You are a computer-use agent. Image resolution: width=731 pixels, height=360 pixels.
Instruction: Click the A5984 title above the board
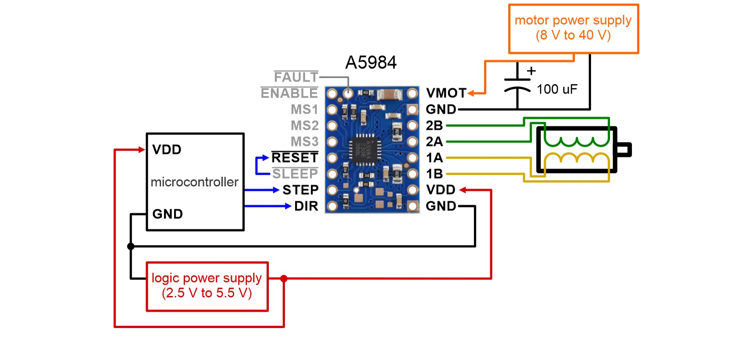click(x=371, y=63)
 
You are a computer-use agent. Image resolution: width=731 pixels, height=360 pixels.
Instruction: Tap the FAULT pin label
click(x=296, y=77)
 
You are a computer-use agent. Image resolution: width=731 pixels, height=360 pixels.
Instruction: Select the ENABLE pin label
click(x=289, y=93)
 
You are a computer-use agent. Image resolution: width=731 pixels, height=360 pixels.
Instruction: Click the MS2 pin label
click(x=304, y=126)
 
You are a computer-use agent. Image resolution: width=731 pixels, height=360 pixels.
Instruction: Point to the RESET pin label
click(x=295, y=158)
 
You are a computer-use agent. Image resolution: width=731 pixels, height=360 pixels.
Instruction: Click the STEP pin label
click(x=300, y=190)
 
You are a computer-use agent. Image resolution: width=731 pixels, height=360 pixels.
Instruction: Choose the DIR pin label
click(x=306, y=206)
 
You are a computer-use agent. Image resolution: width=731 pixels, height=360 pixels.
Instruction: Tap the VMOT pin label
click(x=446, y=93)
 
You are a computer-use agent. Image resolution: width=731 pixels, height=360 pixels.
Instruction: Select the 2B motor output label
click(x=434, y=126)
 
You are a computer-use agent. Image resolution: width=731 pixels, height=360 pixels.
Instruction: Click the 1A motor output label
click(x=434, y=158)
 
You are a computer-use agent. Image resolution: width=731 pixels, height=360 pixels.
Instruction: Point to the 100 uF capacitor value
click(x=557, y=89)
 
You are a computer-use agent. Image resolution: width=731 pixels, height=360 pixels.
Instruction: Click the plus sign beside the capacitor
click(x=531, y=71)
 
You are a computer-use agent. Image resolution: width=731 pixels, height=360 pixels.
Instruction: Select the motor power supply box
click(x=573, y=29)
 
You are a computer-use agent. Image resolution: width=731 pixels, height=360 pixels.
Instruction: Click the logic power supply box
click(x=207, y=286)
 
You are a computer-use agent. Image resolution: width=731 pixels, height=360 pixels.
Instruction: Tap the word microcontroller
click(x=194, y=182)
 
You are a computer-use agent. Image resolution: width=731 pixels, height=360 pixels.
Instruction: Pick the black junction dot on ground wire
click(x=131, y=246)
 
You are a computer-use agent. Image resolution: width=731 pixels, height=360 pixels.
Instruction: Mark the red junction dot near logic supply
click(x=284, y=278)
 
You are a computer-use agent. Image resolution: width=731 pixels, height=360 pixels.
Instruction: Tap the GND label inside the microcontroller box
click(x=167, y=214)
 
